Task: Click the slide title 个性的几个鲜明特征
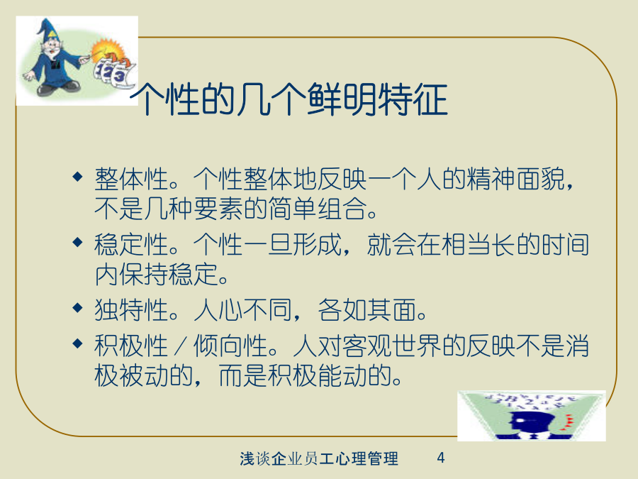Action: point(289,99)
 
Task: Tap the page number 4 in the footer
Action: point(441,458)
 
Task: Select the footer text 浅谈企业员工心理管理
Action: point(319,458)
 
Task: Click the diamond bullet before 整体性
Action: point(77,177)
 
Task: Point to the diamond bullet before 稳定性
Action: point(77,243)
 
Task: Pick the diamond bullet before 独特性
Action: point(77,307)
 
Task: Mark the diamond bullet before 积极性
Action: point(77,343)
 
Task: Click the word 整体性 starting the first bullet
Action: point(131,179)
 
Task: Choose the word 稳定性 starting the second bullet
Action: point(131,244)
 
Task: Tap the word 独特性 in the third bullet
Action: point(131,309)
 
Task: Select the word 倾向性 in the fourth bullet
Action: point(230,346)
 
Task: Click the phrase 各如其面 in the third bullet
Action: point(368,309)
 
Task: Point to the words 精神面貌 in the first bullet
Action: point(516,179)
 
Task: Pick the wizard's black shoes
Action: point(59,87)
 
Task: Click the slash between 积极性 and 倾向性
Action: point(181,346)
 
